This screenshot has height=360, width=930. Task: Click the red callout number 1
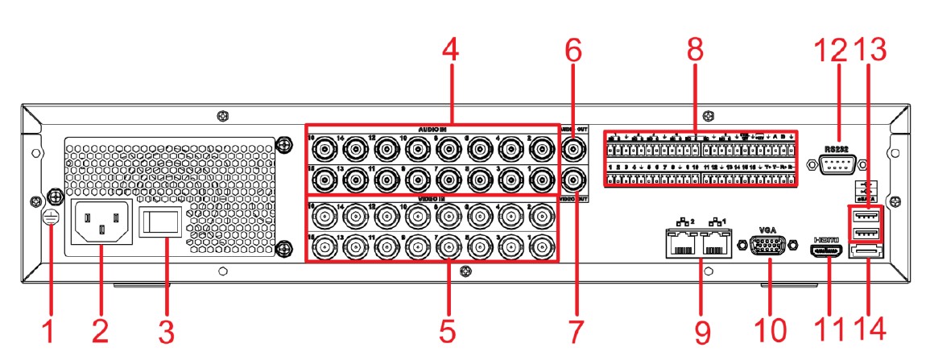coord(48,329)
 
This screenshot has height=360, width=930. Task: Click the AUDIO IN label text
coord(432,129)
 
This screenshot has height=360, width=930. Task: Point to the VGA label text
coord(769,229)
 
